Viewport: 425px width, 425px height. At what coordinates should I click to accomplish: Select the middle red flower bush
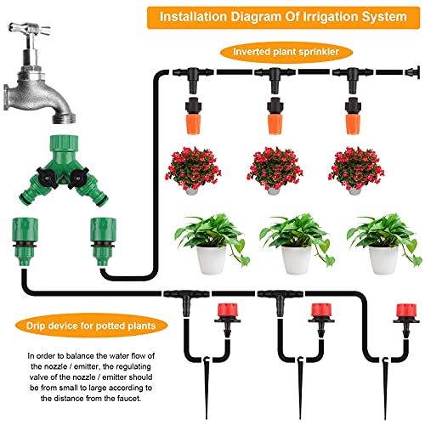pos(276,167)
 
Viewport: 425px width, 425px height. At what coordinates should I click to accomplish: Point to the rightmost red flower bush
pos(355,167)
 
